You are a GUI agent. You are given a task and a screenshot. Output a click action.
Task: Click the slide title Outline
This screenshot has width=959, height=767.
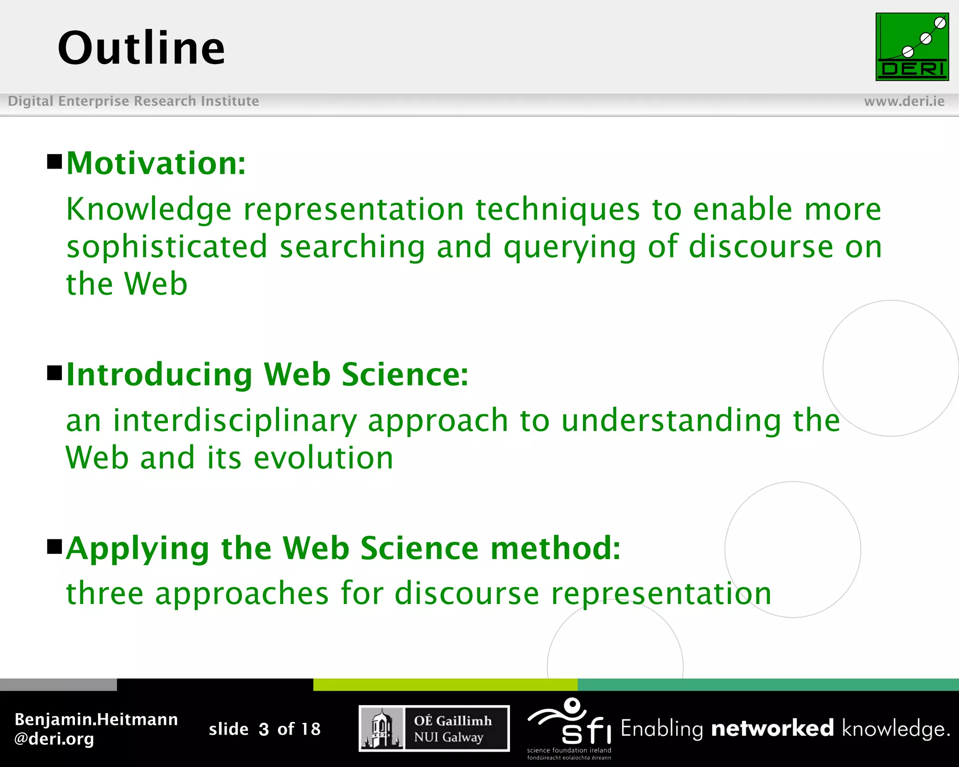[141, 48]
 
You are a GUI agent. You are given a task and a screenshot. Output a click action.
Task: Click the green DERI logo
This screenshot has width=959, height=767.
[912, 47]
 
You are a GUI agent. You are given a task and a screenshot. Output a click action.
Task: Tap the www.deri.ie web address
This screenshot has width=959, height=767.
[904, 101]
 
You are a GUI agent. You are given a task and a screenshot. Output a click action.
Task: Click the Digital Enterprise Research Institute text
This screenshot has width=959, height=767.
[133, 101]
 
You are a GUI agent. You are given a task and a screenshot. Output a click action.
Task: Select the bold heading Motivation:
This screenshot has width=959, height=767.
[156, 164]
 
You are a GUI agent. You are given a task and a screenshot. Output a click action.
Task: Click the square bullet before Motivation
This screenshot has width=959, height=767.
[55, 162]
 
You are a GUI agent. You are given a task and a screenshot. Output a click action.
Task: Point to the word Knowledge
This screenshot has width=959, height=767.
[148, 209]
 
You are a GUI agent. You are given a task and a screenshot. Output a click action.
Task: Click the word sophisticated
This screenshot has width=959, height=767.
[167, 247]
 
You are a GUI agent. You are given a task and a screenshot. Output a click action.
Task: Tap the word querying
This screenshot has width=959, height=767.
[569, 248]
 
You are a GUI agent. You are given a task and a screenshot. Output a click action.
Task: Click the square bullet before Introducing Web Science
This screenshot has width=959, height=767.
[55, 373]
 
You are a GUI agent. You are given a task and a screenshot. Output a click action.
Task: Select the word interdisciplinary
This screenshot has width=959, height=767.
[235, 420]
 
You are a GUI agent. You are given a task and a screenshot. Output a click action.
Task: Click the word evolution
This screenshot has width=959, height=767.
[323, 458]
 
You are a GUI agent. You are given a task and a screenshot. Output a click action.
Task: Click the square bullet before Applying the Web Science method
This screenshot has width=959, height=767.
[55, 546]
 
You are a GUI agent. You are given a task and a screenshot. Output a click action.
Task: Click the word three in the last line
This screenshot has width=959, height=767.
[104, 593]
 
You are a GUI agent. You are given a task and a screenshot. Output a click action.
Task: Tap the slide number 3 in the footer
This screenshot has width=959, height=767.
[264, 729]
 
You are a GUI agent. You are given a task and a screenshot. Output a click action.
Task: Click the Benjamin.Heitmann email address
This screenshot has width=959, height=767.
[96, 729]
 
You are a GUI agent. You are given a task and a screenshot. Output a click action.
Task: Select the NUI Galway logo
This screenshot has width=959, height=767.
[434, 729]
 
